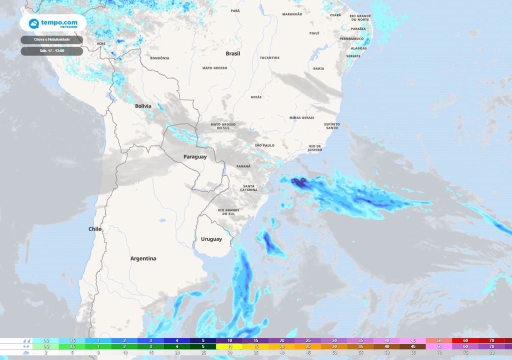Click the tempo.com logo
click(52, 23)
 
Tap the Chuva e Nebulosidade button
click(52, 39)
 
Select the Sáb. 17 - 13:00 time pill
click(52, 50)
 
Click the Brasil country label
click(233, 53)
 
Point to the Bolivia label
click(143, 106)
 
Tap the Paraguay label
click(195, 156)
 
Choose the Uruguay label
click(211, 239)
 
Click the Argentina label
click(143, 258)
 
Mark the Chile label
click(95, 229)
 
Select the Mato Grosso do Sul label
click(223, 126)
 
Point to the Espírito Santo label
click(332, 125)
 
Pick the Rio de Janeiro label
click(315, 148)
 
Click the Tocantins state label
click(269, 58)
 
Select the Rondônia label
click(159, 58)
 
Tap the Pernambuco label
click(351, 38)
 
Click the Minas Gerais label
click(301, 117)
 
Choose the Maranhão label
click(292, 14)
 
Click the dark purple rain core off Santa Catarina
click(299, 182)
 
